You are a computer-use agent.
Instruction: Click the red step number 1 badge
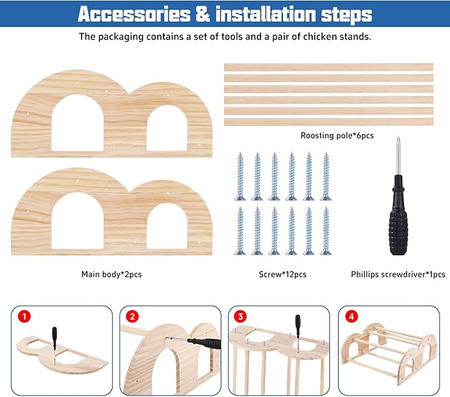[24, 316]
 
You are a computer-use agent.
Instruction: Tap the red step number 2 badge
[133, 316]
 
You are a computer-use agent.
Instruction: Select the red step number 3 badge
[241, 316]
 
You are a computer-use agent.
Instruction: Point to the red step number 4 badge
[351, 316]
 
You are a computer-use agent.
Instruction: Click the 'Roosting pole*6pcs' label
[337, 136]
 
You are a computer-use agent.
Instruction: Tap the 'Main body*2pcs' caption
[111, 275]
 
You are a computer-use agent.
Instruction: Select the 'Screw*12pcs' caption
[282, 275]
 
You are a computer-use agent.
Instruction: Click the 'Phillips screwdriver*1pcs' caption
[398, 275]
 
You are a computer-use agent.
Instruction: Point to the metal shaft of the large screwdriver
[398, 156]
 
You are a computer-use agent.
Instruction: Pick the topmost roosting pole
[329, 67]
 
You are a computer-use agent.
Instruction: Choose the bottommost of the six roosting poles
[329, 122]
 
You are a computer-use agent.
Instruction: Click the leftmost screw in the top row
[240, 176]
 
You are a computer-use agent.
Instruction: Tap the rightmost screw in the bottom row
[325, 231]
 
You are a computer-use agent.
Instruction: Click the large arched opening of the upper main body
[78, 124]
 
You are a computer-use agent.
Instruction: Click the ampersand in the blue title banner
[203, 14]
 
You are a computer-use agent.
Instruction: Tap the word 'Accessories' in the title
[134, 14]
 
